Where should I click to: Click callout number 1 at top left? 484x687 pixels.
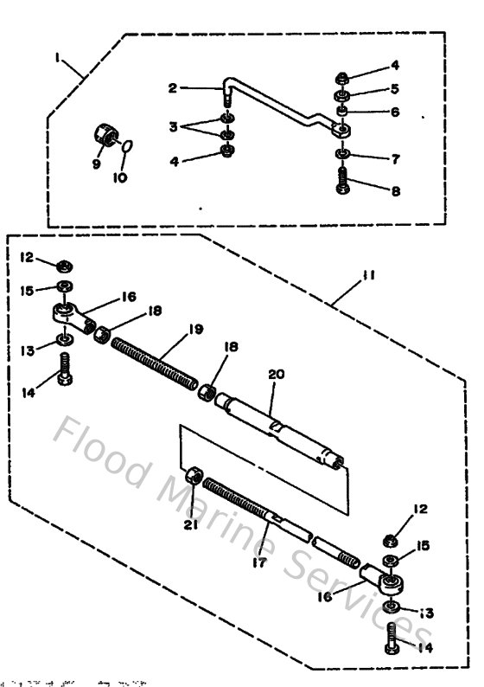coord(57,59)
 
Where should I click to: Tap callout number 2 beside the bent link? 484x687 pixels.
coord(173,87)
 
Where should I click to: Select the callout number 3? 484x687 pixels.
coord(173,127)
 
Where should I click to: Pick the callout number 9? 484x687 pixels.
coord(96,162)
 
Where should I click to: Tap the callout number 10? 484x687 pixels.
coord(119,177)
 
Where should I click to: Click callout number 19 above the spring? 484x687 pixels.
coord(196,330)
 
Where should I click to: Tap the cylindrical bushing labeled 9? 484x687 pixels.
coord(105,137)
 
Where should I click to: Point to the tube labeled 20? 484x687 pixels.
coord(277,423)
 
